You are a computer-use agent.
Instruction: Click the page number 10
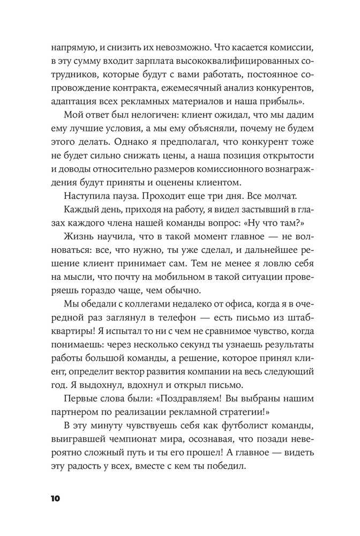point(56,498)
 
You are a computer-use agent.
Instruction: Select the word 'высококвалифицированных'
point(222,61)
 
